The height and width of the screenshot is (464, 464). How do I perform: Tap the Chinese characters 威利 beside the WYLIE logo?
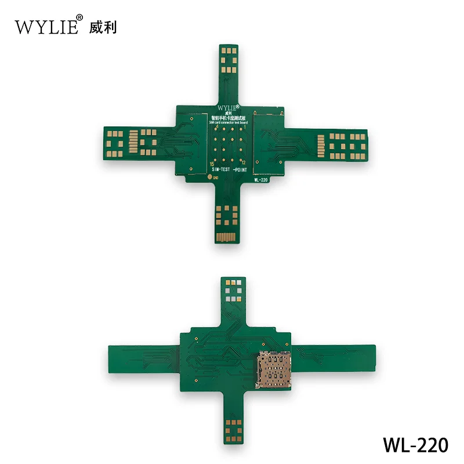[103, 27]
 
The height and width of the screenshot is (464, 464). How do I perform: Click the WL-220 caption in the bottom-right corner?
[415, 445]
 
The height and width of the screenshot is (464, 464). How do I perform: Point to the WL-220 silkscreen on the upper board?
[260, 179]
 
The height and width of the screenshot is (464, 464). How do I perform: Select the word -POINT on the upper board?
[241, 172]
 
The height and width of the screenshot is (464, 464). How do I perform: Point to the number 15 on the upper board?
[211, 165]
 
